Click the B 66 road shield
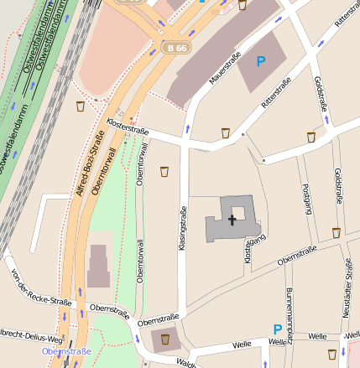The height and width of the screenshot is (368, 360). pyautogui.click(x=176, y=49)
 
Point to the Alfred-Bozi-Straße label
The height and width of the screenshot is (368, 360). pyautogui.click(x=86, y=166)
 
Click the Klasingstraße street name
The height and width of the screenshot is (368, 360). pyautogui.click(x=182, y=228)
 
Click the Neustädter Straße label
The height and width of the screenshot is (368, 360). pyautogui.click(x=348, y=285)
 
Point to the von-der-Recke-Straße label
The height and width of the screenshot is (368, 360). pyautogui.click(x=38, y=288)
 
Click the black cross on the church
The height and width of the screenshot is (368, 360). pyautogui.click(x=232, y=219)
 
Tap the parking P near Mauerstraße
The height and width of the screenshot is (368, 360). pyautogui.click(x=260, y=61)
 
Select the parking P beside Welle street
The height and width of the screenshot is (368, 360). pyautogui.click(x=277, y=329)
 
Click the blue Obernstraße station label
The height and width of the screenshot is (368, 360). pyautogui.click(x=65, y=351)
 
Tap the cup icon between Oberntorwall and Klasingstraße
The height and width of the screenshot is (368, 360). pyautogui.click(x=164, y=172)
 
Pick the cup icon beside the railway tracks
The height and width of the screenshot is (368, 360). pyautogui.click(x=80, y=106)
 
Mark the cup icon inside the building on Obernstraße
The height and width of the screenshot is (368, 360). pyautogui.click(x=164, y=339)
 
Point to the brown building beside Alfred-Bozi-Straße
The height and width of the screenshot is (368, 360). pyautogui.click(x=98, y=266)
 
